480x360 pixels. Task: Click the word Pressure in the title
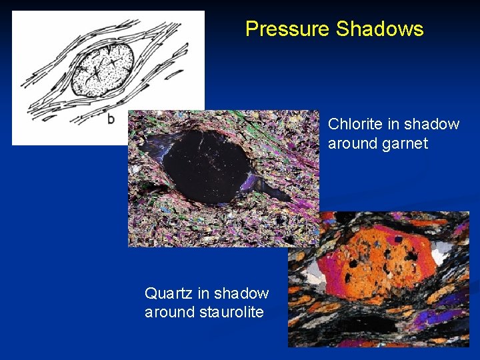[x=287, y=29]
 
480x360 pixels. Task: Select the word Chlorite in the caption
[x=354, y=124]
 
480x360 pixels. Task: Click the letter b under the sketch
[x=111, y=119]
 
